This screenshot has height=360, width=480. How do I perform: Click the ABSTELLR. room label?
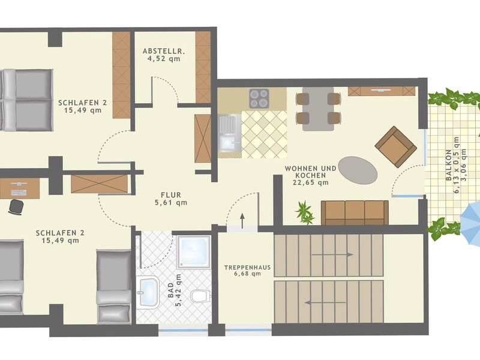163,50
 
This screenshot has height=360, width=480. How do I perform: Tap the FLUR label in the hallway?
171,194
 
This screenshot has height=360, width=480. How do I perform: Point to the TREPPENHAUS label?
247,267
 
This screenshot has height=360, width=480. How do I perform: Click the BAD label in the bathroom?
170,290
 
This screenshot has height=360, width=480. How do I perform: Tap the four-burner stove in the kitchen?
259,98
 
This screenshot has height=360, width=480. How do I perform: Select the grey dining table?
318,109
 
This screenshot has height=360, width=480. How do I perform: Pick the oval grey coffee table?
358,170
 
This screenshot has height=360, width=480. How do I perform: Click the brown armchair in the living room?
396,147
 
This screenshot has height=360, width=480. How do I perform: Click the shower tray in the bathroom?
193,252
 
